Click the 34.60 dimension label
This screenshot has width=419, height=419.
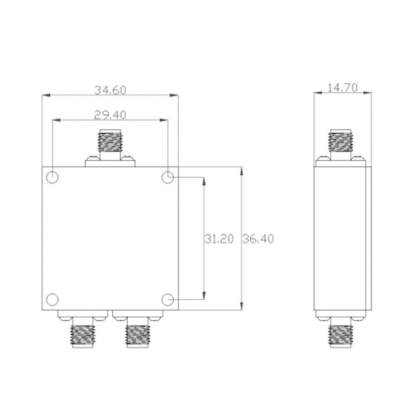tap(110, 91)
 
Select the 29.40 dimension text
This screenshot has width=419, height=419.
tap(110, 115)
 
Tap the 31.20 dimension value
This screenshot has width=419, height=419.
tap(219, 239)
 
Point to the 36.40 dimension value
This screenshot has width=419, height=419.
tap(258, 239)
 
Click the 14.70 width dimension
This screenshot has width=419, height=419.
tap(342, 88)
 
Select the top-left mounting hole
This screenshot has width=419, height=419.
tap(53, 177)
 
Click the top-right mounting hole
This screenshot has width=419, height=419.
tap(168, 177)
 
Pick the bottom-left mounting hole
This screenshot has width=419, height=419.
tap(53, 299)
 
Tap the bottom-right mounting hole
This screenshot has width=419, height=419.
tap(168, 299)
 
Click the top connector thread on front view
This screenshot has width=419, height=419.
tap(110, 141)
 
